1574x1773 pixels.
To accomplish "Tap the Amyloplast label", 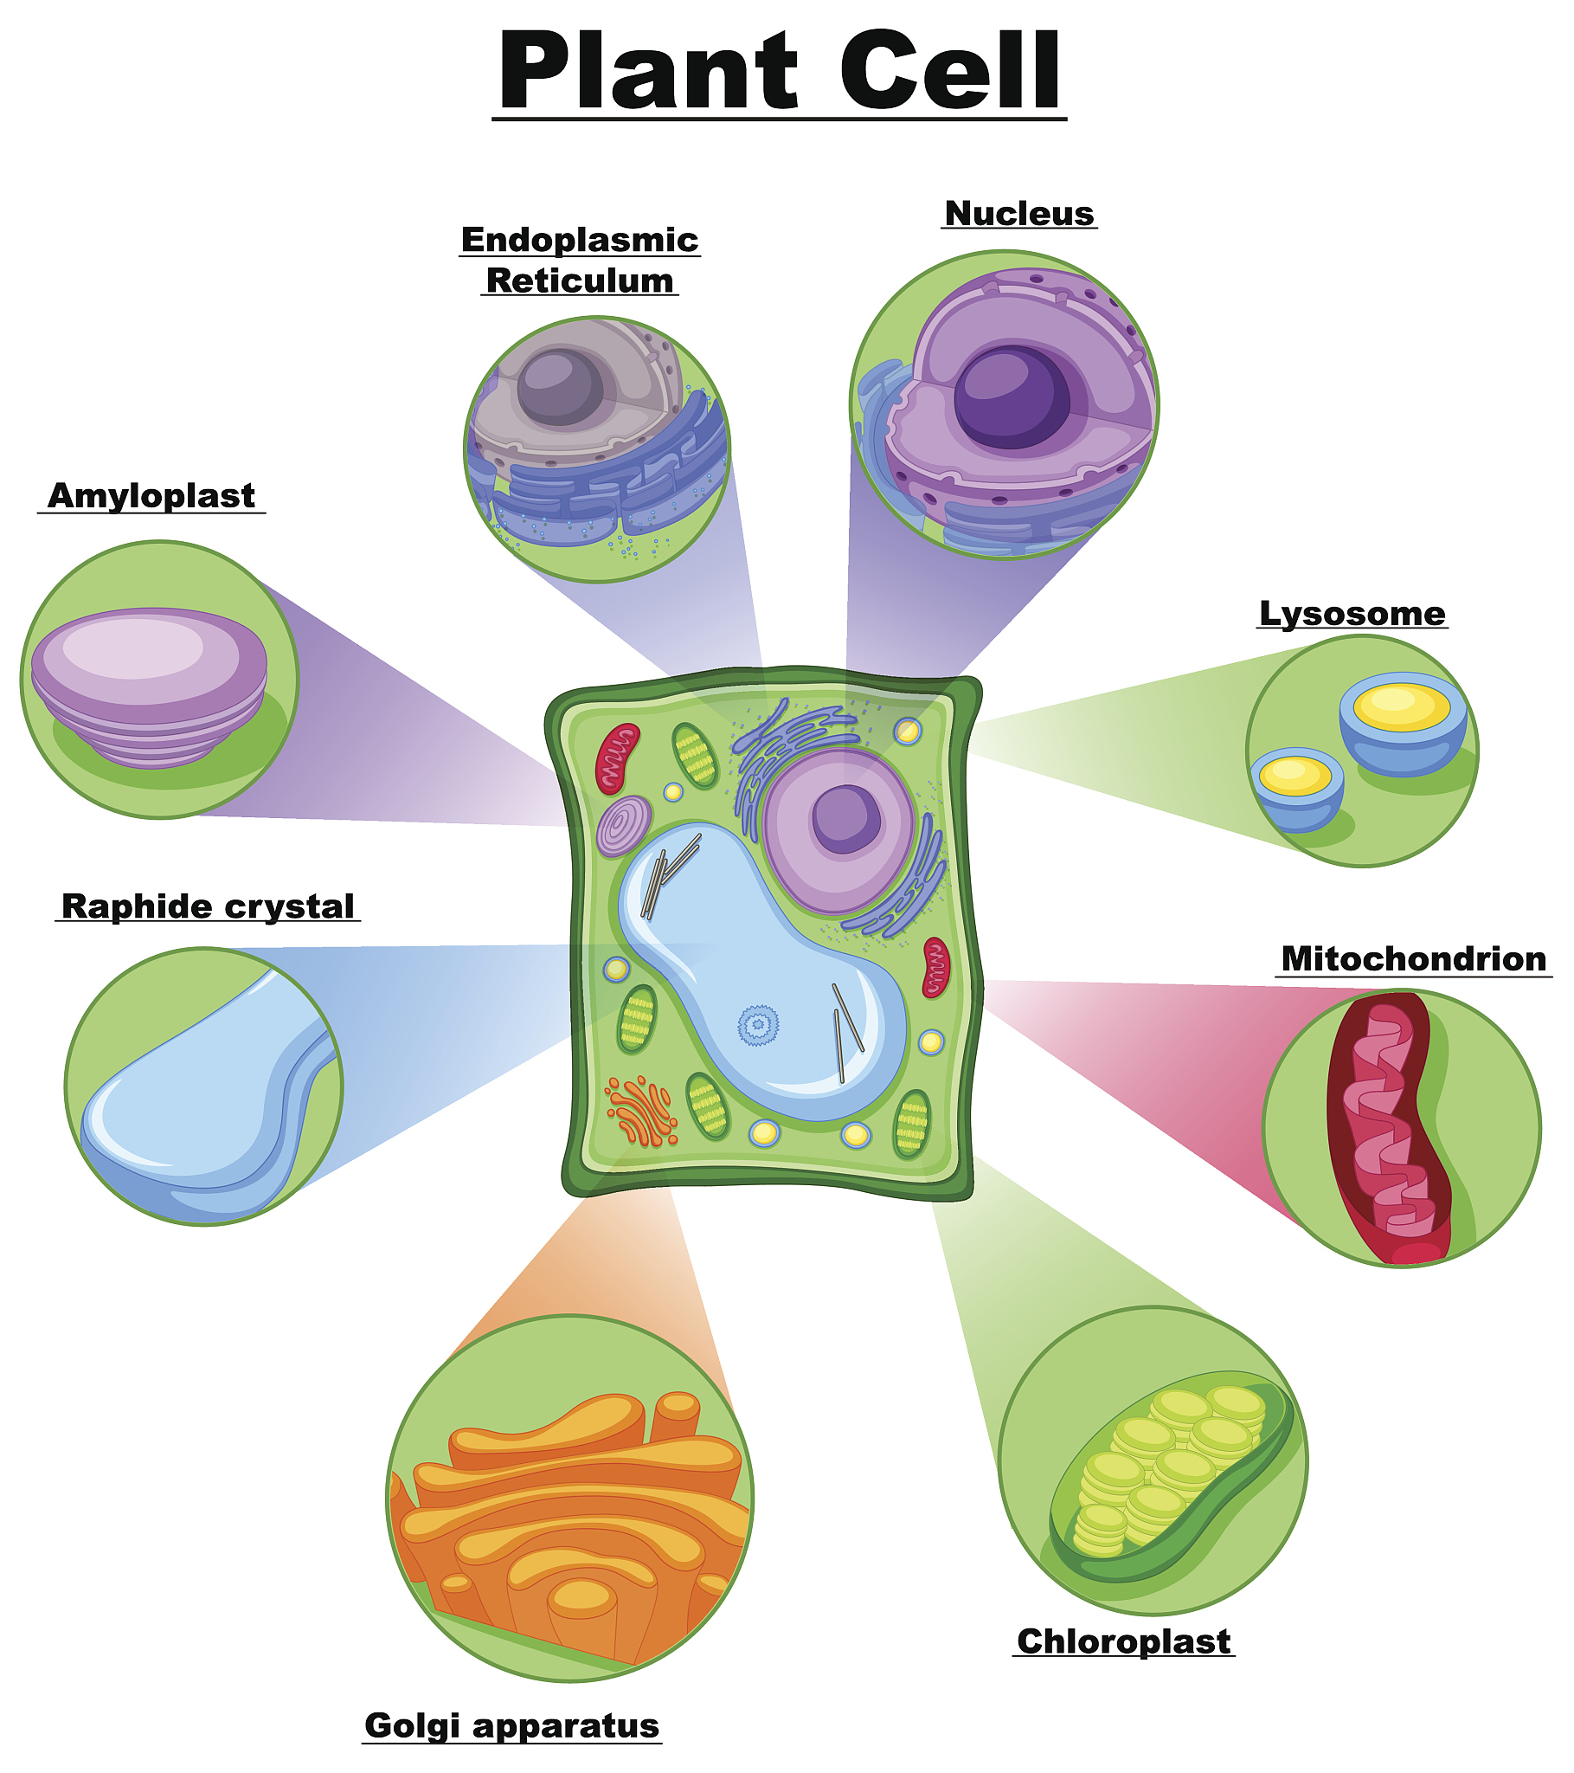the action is (x=151, y=496).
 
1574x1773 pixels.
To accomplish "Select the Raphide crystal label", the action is (x=209, y=906).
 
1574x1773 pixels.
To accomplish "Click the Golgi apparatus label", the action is (x=512, y=1725).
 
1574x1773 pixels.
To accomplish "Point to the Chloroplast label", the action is (x=1124, y=1641).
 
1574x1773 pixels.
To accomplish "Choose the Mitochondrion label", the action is (x=1414, y=958).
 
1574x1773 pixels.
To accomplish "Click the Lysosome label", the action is (x=1352, y=613).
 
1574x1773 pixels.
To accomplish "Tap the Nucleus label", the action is (x=1020, y=213).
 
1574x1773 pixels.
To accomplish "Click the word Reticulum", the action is (x=579, y=281).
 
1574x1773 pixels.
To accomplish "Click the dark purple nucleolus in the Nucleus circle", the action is (x=1012, y=397).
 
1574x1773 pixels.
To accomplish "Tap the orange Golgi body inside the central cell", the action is (x=643, y=1112).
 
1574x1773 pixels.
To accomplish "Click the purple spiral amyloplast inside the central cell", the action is (x=625, y=826).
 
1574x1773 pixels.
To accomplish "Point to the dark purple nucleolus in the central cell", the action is (x=845, y=819).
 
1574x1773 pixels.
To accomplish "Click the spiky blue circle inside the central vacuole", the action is (x=758, y=1024).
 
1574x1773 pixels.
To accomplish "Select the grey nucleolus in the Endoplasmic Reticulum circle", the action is (x=560, y=388).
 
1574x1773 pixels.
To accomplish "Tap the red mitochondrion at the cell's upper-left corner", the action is (x=617, y=759).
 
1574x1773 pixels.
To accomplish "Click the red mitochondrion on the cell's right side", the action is (x=936, y=967).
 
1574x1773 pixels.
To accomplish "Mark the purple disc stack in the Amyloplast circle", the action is (x=149, y=687).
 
